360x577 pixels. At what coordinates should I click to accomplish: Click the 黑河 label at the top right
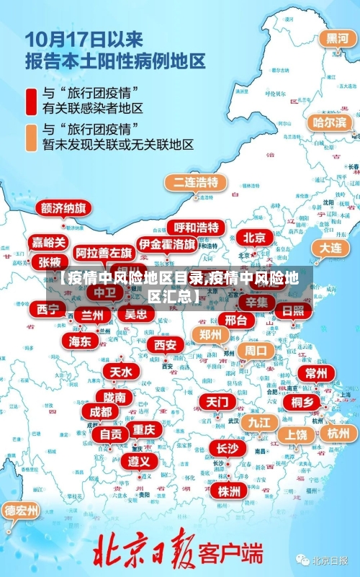point(338,38)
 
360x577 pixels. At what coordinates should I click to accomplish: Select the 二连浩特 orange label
point(195,182)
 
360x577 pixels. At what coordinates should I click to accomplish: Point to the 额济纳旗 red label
point(63,209)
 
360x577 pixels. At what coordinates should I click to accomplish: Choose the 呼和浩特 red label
point(197,228)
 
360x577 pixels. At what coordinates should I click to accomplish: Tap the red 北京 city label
point(254,237)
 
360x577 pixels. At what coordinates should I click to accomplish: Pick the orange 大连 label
point(330,247)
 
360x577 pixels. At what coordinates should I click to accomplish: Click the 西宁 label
point(49,310)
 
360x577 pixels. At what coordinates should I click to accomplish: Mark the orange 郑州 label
point(211,334)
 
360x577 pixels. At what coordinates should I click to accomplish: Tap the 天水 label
point(120,372)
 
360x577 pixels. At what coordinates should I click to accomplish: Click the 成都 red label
point(100,412)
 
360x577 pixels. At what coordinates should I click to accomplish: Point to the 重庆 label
point(144,429)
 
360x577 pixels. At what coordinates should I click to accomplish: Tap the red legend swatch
point(32,100)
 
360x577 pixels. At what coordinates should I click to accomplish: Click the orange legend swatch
point(32,137)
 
